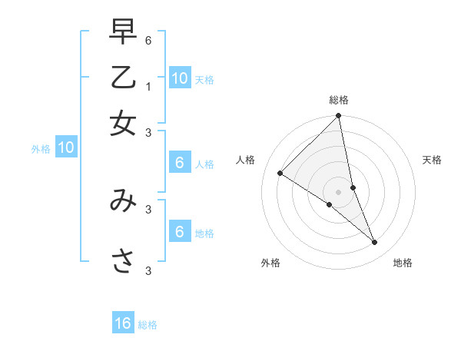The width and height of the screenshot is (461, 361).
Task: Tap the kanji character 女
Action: click(x=123, y=124)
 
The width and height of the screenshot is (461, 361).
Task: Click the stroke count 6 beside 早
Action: click(x=148, y=40)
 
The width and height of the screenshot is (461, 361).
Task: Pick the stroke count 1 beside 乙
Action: click(x=148, y=86)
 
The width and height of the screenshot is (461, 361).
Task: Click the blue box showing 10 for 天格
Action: click(x=180, y=78)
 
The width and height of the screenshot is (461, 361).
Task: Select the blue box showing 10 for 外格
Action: click(x=66, y=147)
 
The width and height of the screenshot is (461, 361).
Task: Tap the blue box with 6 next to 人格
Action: click(x=180, y=163)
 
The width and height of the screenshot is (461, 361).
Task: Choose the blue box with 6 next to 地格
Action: click(x=180, y=232)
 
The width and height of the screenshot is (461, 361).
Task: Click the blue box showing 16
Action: click(x=123, y=323)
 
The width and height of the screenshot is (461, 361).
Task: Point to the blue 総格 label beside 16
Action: click(x=148, y=325)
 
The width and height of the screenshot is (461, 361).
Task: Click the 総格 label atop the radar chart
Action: click(x=339, y=100)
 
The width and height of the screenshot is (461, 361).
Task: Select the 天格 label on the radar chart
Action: click(x=432, y=160)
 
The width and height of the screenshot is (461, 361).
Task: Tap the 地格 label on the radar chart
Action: click(x=403, y=263)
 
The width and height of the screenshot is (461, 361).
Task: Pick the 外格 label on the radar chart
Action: click(x=270, y=263)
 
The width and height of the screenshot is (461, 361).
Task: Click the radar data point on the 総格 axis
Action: click(x=338, y=117)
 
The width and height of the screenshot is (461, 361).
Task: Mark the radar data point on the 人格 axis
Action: click(x=280, y=173)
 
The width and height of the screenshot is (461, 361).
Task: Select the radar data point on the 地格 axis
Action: click(x=374, y=242)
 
